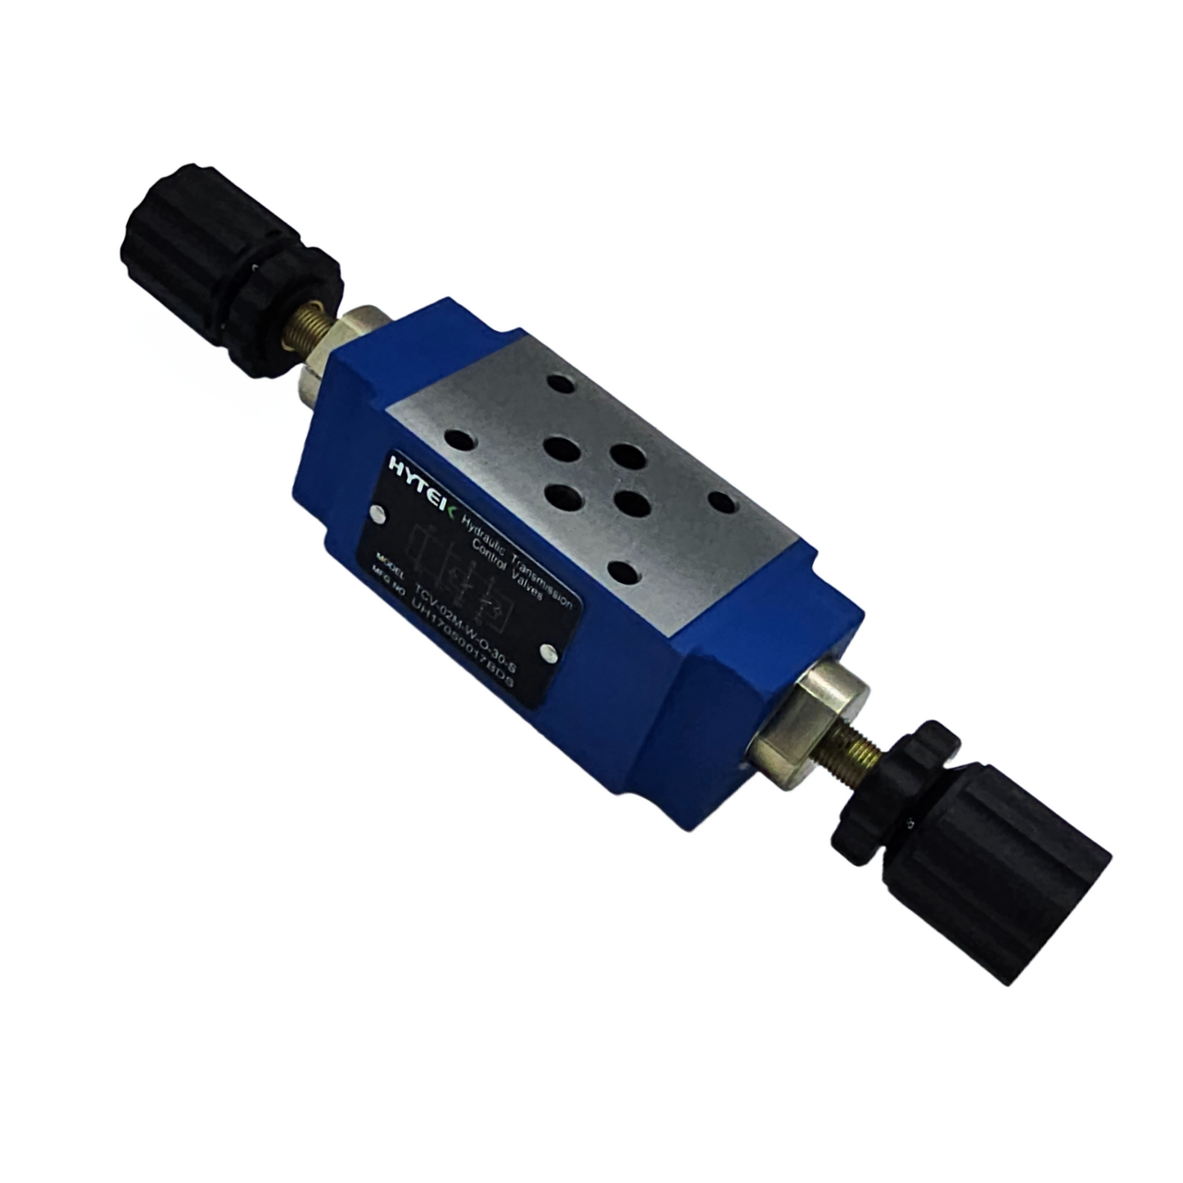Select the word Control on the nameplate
coord(489,556)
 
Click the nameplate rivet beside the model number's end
coord(548,652)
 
